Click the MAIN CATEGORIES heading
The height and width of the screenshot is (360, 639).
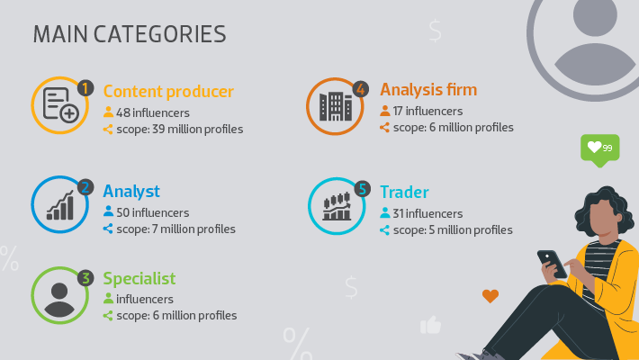130,34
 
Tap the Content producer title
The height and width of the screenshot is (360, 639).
168,91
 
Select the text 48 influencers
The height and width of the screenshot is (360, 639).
153,112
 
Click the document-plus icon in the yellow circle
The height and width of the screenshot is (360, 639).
60,104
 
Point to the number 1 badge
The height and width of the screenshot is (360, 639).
85,88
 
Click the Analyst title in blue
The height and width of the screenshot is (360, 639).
131,191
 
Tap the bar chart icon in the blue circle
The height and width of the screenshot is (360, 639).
60,205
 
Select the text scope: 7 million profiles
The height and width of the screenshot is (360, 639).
176,229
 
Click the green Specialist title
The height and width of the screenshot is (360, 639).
139,278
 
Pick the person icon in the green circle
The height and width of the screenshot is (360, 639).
59,300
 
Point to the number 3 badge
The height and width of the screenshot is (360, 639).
85,278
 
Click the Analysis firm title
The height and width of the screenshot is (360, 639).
428,90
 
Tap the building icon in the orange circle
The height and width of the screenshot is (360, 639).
336,106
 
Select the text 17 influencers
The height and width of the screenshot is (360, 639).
427,111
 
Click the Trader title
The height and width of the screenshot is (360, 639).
404,192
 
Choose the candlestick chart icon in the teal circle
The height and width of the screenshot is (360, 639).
337,206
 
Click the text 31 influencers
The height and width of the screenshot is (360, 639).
427,213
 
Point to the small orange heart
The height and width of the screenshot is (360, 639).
490,296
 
